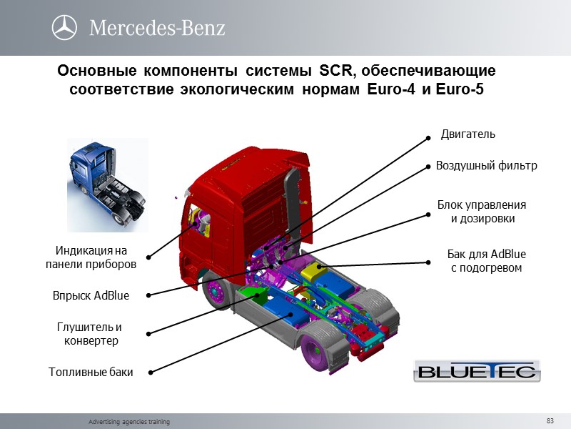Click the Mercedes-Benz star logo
point(64,28)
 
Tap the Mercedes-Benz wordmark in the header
point(157,28)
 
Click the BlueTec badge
point(477,370)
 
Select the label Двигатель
point(468,134)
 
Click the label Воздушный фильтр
point(486,166)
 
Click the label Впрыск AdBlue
point(91,295)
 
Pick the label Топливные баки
point(91,372)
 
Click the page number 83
point(550,420)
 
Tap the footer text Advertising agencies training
point(128,422)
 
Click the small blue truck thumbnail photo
point(107,184)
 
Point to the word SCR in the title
point(333,72)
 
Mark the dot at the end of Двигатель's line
point(428,138)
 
